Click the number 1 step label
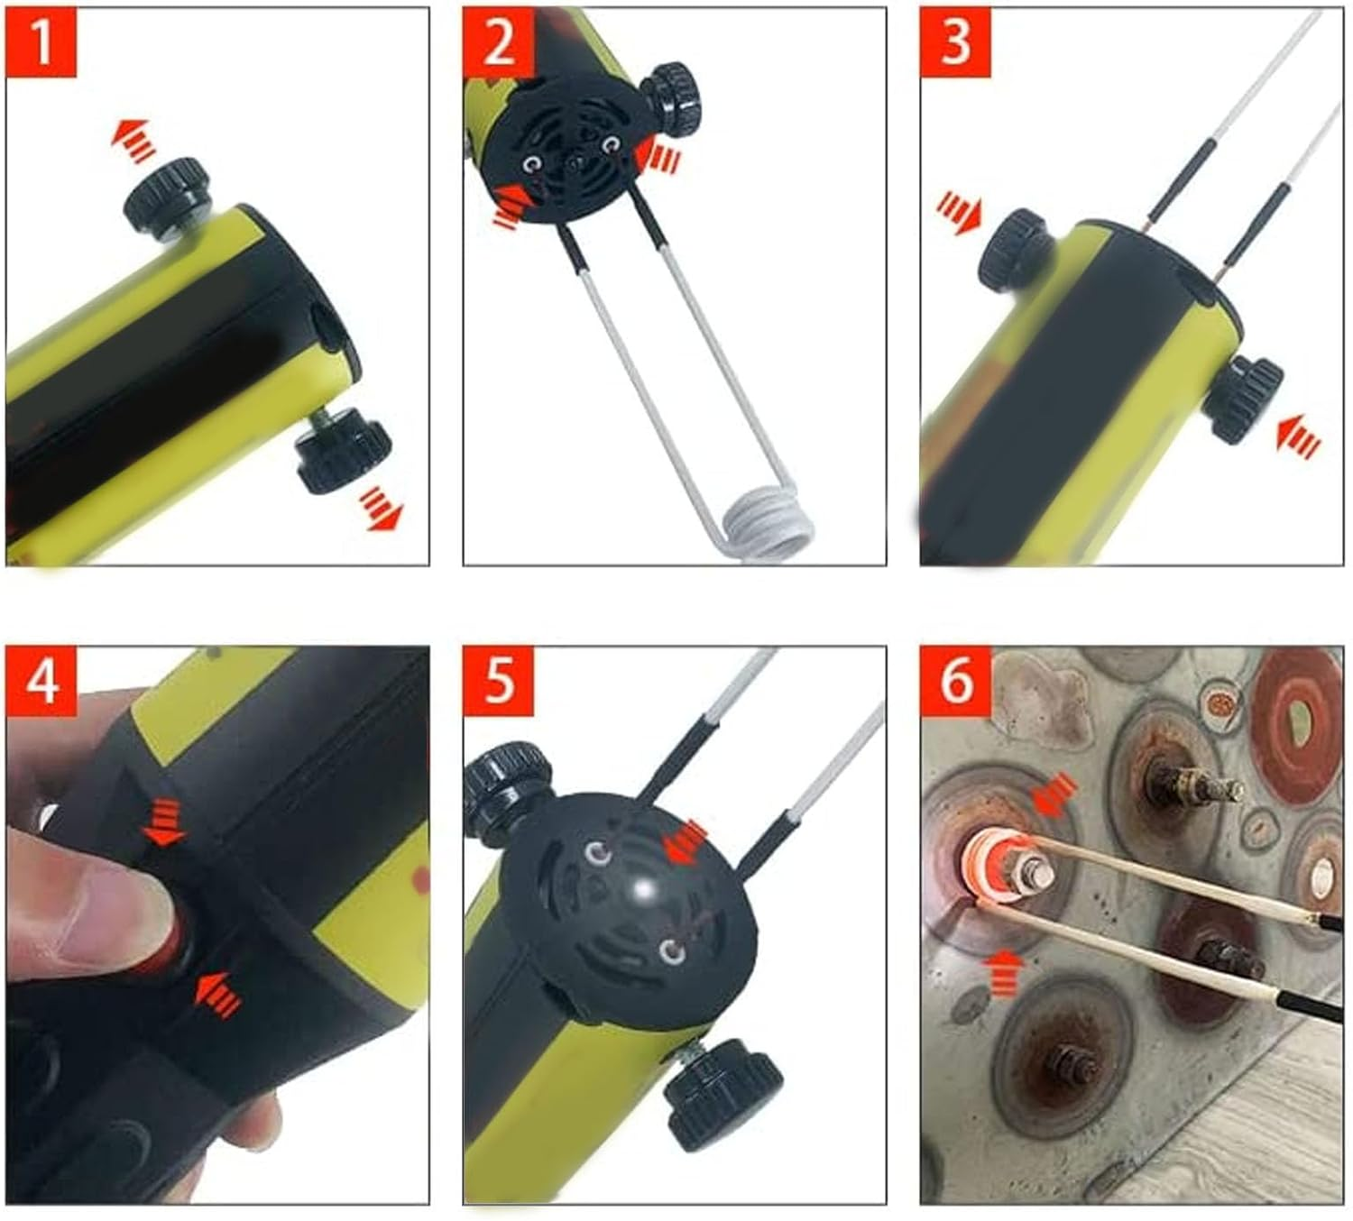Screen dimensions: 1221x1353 click(41, 42)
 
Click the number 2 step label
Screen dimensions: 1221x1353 click(498, 42)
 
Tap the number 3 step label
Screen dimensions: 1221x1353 click(955, 42)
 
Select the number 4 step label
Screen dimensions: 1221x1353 click(41, 681)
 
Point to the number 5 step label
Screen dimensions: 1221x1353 click(498, 681)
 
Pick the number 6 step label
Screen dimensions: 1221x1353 click(955, 681)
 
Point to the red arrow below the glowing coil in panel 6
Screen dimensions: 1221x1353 click(1002, 972)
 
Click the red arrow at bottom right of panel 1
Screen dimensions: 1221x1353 click(382, 510)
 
